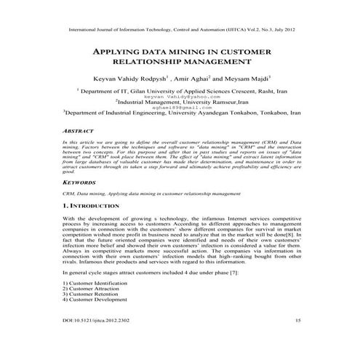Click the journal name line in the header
click(180, 31)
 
